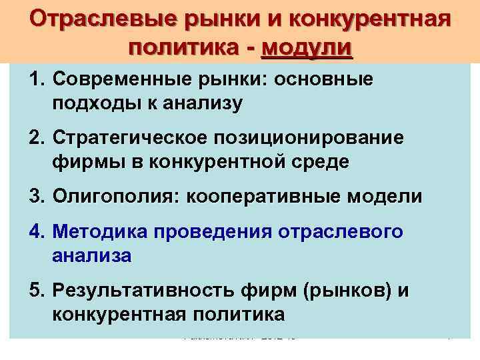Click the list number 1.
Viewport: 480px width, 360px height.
[x=35, y=80]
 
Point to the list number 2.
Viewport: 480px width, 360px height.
[x=35, y=139]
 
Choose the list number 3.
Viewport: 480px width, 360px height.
[x=35, y=197]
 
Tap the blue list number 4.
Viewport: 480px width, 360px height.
[x=35, y=231]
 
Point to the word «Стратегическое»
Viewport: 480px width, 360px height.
[x=134, y=139]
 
